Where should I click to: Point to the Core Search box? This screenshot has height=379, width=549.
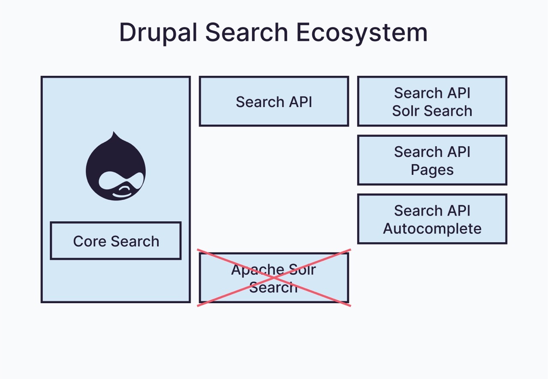[116, 241]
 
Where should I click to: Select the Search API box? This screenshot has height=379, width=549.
[274, 102]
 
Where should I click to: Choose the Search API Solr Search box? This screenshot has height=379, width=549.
[432, 102]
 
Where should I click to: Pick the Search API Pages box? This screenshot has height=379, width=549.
[432, 160]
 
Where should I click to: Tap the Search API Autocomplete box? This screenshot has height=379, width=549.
[432, 219]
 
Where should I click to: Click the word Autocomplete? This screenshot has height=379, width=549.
[432, 229]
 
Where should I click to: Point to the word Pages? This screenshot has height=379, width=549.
[432, 170]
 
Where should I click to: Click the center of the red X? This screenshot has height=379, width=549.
[274, 278]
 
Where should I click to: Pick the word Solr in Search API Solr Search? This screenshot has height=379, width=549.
[406, 111]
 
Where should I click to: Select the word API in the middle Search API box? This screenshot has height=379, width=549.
[299, 102]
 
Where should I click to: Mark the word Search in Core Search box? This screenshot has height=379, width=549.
[134, 241]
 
